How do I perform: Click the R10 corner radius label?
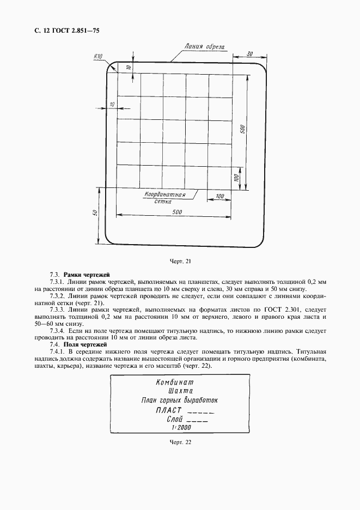[99, 56]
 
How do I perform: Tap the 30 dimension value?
[249, 53]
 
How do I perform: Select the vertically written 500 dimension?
[243, 129]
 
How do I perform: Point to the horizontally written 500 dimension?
[176, 212]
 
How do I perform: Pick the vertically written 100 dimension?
[236, 178]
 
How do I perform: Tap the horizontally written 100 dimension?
[219, 196]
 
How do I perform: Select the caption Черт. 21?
[180, 261]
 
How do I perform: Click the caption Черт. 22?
[180, 442]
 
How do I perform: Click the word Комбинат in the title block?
[174, 382]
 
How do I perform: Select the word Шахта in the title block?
[180, 391]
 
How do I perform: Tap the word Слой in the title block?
[175, 420]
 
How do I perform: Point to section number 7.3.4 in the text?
[58, 331]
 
